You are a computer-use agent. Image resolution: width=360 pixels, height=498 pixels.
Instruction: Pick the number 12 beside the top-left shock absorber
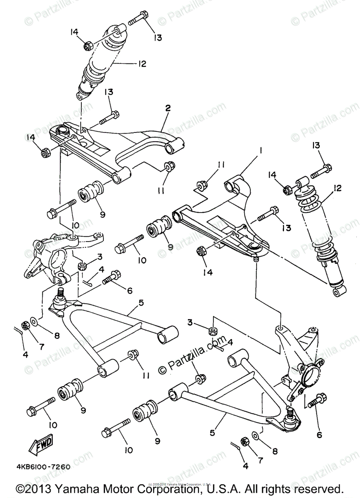click(142, 63)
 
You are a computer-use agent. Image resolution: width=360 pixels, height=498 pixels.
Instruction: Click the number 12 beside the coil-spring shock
click(336, 189)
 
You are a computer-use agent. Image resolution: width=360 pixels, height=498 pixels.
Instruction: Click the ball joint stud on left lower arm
click(60, 293)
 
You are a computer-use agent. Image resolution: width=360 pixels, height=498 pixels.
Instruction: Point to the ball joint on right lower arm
click(291, 416)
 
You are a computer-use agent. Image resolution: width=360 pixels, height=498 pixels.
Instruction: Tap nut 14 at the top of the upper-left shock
click(88, 46)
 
